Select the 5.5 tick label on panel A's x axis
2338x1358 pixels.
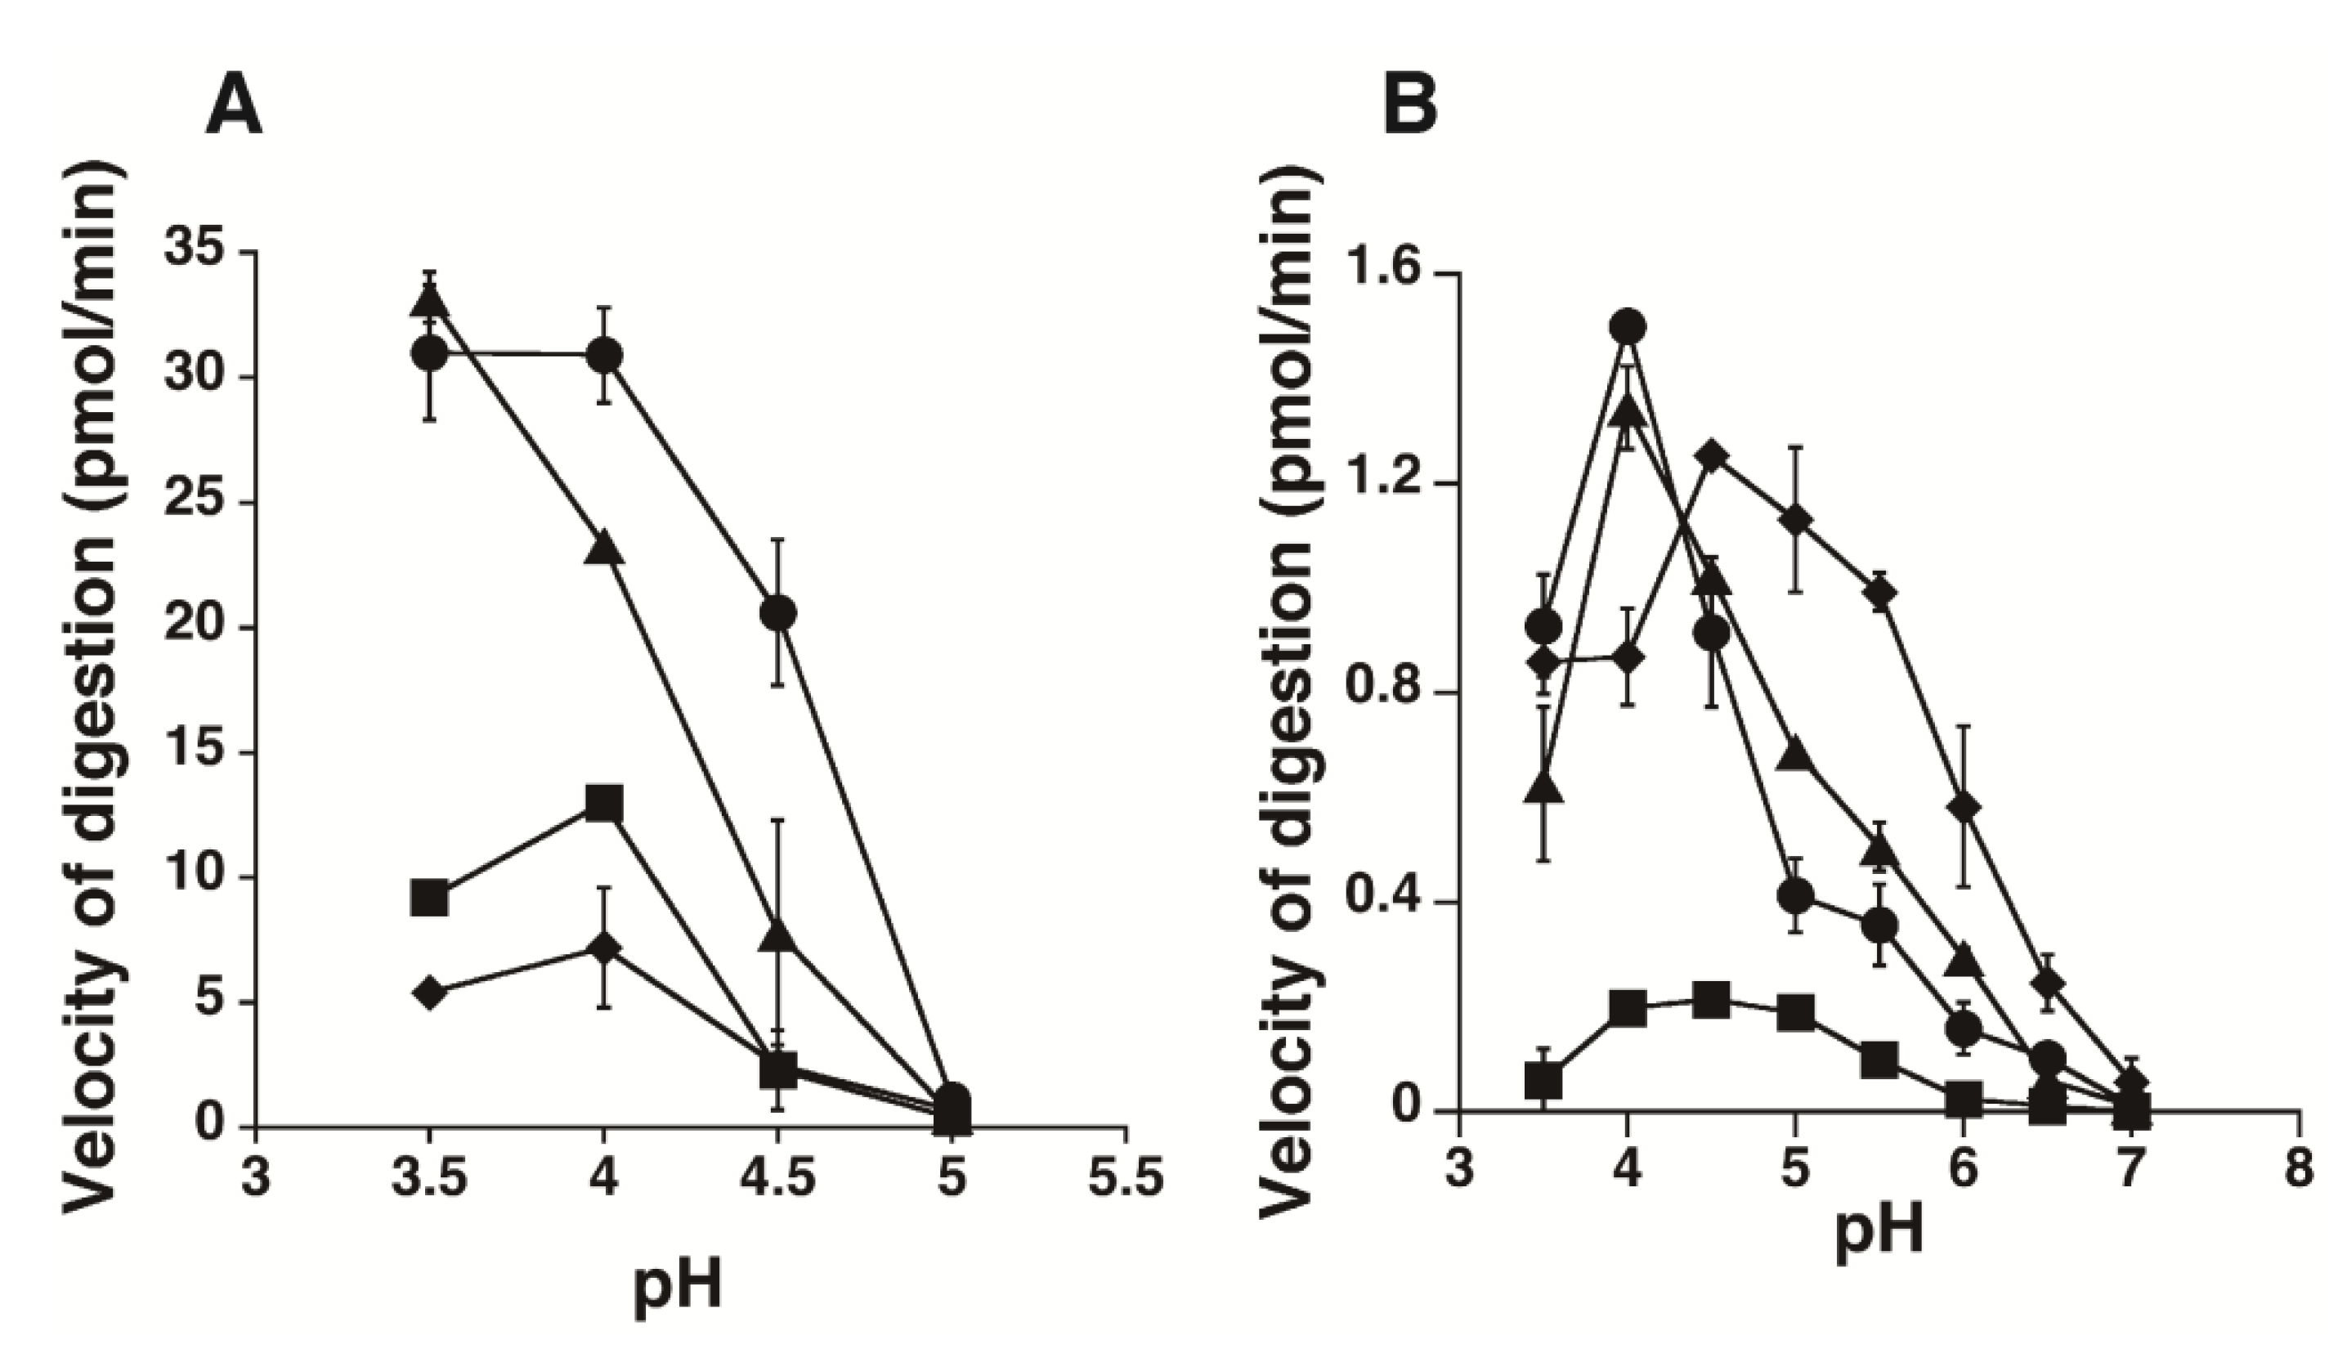1126,1179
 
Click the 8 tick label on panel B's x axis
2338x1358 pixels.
2299,1168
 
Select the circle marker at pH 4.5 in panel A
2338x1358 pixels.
777,613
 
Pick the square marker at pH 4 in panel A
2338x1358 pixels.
604,804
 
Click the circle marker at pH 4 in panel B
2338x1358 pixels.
1628,326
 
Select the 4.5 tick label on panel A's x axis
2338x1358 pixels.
777,1179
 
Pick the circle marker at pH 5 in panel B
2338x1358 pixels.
1796,896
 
